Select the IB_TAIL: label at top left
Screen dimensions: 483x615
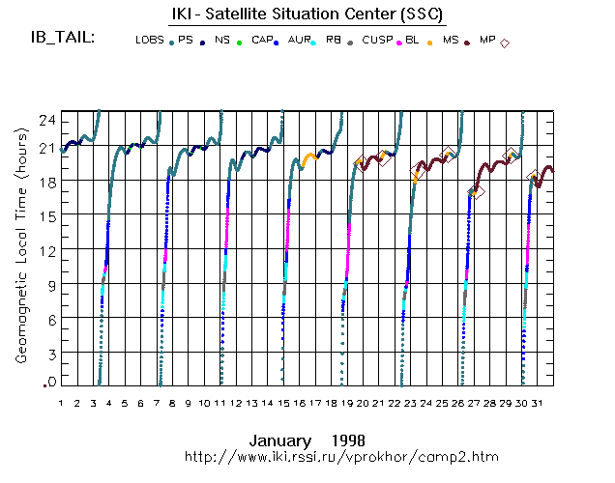[62, 39]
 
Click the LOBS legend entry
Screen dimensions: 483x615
[150, 41]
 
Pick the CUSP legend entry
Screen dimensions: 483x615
[376, 41]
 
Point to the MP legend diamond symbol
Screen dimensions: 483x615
[505, 42]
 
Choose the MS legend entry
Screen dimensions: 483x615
[451, 41]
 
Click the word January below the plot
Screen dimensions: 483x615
[279, 440]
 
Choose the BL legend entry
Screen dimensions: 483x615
[413, 41]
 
